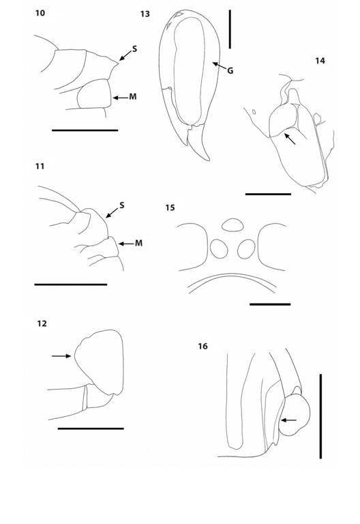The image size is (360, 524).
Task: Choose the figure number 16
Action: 202,347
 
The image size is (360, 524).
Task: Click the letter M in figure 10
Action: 132,98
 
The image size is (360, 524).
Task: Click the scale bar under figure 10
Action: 85,130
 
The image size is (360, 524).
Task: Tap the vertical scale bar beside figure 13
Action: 230,29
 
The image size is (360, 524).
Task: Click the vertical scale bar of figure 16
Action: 319,416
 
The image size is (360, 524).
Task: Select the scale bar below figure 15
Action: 270,304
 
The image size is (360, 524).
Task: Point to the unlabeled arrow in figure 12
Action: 61,355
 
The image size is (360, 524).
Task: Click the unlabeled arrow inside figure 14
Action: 290,139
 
